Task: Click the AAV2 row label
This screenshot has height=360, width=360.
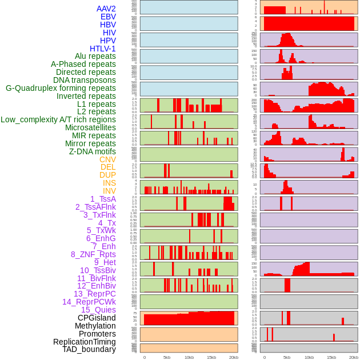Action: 106,9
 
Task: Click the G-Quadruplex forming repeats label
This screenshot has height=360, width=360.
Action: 61,88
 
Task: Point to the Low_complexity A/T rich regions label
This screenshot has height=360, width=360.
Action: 58,119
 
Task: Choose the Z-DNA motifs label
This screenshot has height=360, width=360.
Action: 92,151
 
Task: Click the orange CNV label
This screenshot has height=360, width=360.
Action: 107,159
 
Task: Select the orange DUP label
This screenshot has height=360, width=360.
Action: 107,175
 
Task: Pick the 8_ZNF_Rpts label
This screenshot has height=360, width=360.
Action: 93,254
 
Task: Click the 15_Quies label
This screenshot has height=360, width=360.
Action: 98,310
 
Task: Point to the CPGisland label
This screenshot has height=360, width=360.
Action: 97,318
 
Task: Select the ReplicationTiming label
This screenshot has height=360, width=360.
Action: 84,342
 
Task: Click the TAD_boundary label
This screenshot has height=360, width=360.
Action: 89,349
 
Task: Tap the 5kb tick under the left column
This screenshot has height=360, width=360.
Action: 167,357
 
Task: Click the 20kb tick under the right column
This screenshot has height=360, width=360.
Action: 354,357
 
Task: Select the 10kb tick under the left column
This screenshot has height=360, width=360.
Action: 189,357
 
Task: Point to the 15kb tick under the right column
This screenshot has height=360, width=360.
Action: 331,357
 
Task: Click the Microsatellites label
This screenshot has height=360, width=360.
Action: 90,127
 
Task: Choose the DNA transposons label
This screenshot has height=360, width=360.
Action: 85,80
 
